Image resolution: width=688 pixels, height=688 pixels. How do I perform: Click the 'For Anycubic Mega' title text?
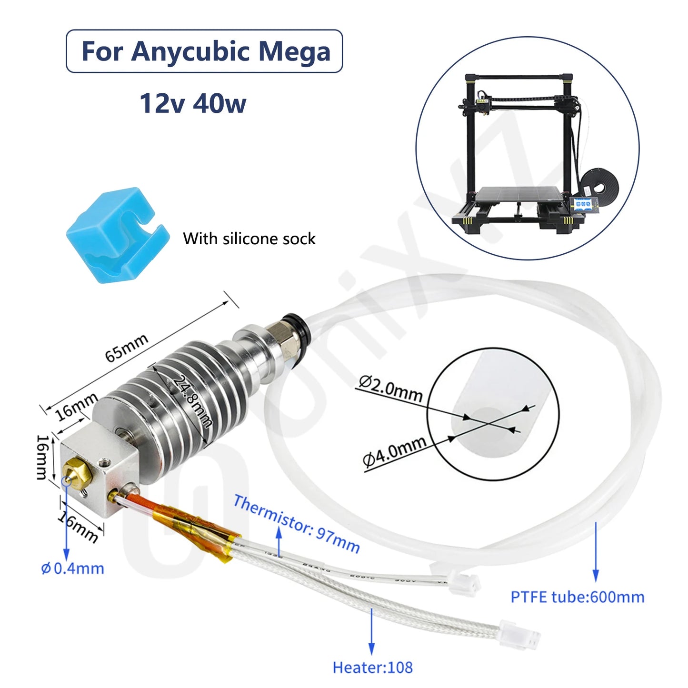(x=206, y=51)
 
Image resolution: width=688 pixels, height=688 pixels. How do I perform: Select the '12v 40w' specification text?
(x=193, y=103)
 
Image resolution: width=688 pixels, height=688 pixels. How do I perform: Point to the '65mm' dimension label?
(x=126, y=348)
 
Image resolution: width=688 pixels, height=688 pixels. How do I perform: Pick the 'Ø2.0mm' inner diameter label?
(x=390, y=389)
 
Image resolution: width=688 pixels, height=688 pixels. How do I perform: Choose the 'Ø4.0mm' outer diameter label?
(x=394, y=451)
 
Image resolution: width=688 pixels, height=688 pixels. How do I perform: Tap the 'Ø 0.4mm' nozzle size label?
(x=72, y=568)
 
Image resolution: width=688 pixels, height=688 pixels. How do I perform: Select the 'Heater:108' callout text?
(x=372, y=668)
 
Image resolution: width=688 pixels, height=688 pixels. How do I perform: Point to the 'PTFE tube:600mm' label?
(x=578, y=597)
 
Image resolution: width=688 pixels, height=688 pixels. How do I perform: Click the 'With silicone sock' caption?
(x=249, y=239)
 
